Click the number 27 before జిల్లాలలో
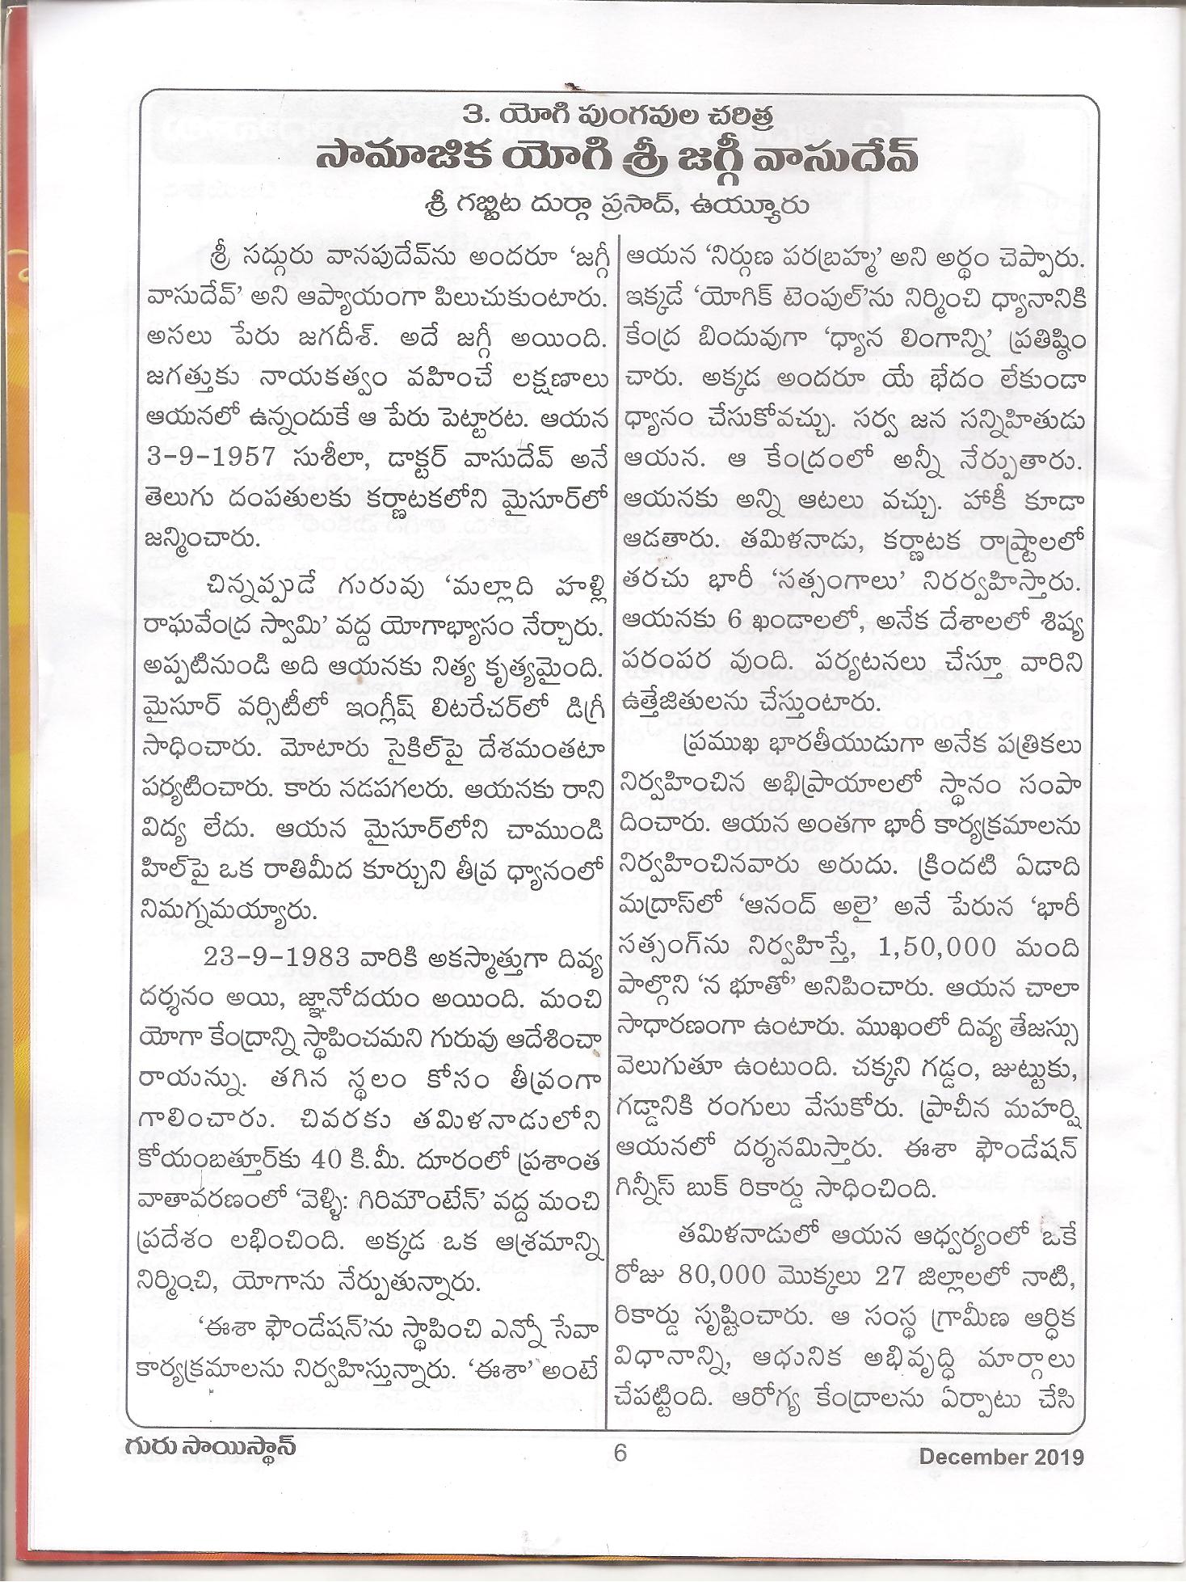[x=892, y=1276]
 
